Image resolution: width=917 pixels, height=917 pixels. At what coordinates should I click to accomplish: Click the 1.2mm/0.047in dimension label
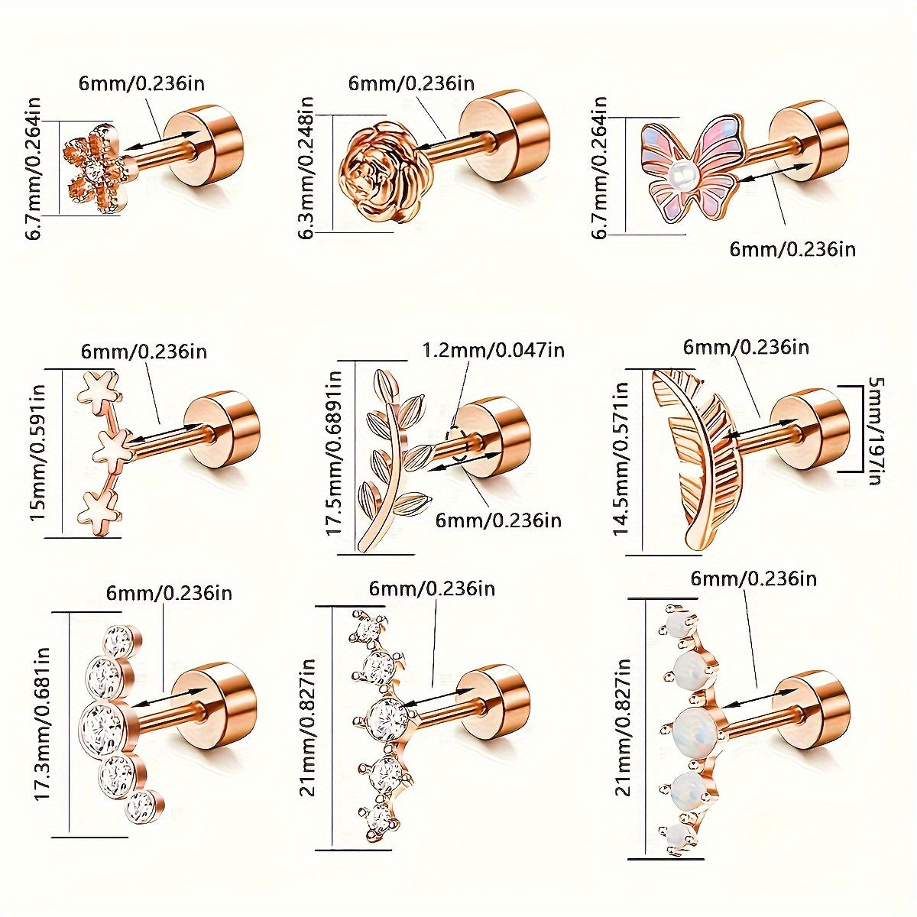(x=494, y=351)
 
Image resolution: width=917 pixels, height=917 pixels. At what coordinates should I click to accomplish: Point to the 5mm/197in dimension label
(x=876, y=431)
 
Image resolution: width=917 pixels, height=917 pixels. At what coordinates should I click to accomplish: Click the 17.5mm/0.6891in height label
(x=334, y=453)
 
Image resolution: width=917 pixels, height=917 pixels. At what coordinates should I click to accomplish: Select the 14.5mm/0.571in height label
(x=621, y=458)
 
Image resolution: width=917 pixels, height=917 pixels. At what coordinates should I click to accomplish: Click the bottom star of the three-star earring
(x=99, y=514)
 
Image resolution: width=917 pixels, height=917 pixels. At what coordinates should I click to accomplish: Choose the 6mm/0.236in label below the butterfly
(x=792, y=250)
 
